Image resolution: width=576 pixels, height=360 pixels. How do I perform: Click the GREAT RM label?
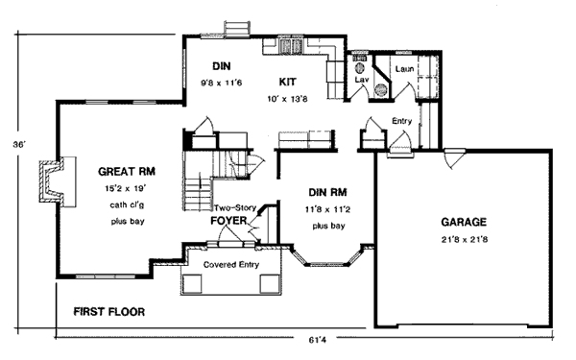pos(127,172)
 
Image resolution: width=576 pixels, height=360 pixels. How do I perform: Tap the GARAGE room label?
pos(464,222)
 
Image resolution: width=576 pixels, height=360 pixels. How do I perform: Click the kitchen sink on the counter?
pos(291,47)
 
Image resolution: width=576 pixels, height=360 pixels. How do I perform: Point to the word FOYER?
pos(228,221)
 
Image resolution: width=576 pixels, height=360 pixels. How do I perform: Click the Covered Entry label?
pos(231,265)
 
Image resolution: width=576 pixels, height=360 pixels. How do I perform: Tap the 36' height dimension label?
pos(19,145)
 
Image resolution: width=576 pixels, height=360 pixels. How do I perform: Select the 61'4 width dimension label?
pos(317,340)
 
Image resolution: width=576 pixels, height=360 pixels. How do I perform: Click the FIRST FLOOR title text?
pos(109,312)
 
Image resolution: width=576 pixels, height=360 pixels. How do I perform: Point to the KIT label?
pos(288,82)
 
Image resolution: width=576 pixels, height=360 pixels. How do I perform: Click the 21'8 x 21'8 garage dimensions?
pos(465,240)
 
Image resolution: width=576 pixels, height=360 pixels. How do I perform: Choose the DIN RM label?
pos(327,192)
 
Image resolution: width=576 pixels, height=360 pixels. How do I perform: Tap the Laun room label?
pos(404,69)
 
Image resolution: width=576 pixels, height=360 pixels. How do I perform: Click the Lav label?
pos(362,80)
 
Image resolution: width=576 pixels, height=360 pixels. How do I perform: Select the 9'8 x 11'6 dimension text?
pos(221,83)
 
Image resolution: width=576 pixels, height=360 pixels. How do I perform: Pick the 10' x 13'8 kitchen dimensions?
pos(287,99)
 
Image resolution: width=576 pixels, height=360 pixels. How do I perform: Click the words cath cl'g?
pos(127,204)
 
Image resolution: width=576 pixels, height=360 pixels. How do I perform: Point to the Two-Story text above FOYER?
pos(235,208)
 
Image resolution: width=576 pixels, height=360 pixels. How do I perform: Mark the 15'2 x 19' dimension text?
pos(126,189)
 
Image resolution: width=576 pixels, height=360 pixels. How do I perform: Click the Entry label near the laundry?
pos(401,121)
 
